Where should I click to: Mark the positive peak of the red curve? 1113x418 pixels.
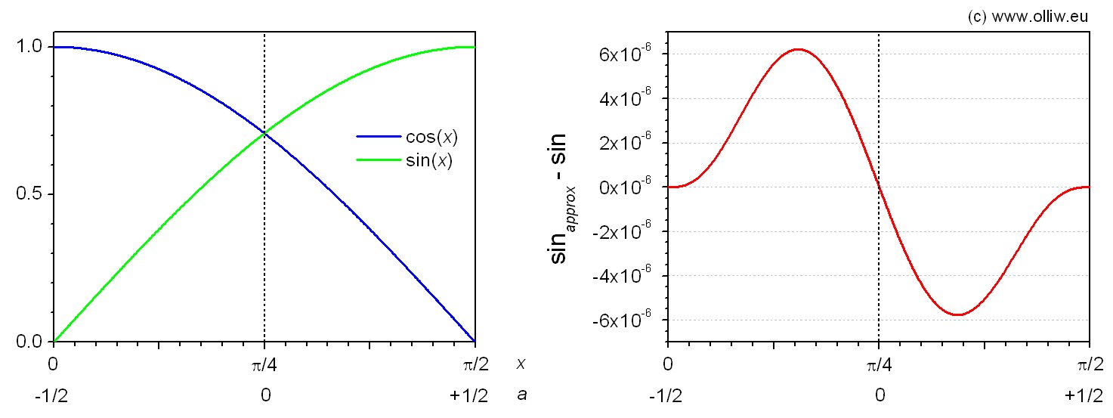click(x=798, y=49)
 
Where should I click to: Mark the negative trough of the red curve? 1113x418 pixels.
click(x=958, y=314)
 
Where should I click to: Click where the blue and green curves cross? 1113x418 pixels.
click(x=264, y=133)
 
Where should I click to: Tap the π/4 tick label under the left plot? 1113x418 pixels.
click(x=264, y=364)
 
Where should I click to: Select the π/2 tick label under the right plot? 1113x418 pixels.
click(x=1088, y=364)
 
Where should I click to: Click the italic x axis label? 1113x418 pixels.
click(x=521, y=364)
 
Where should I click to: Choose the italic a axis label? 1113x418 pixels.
click(x=521, y=395)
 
